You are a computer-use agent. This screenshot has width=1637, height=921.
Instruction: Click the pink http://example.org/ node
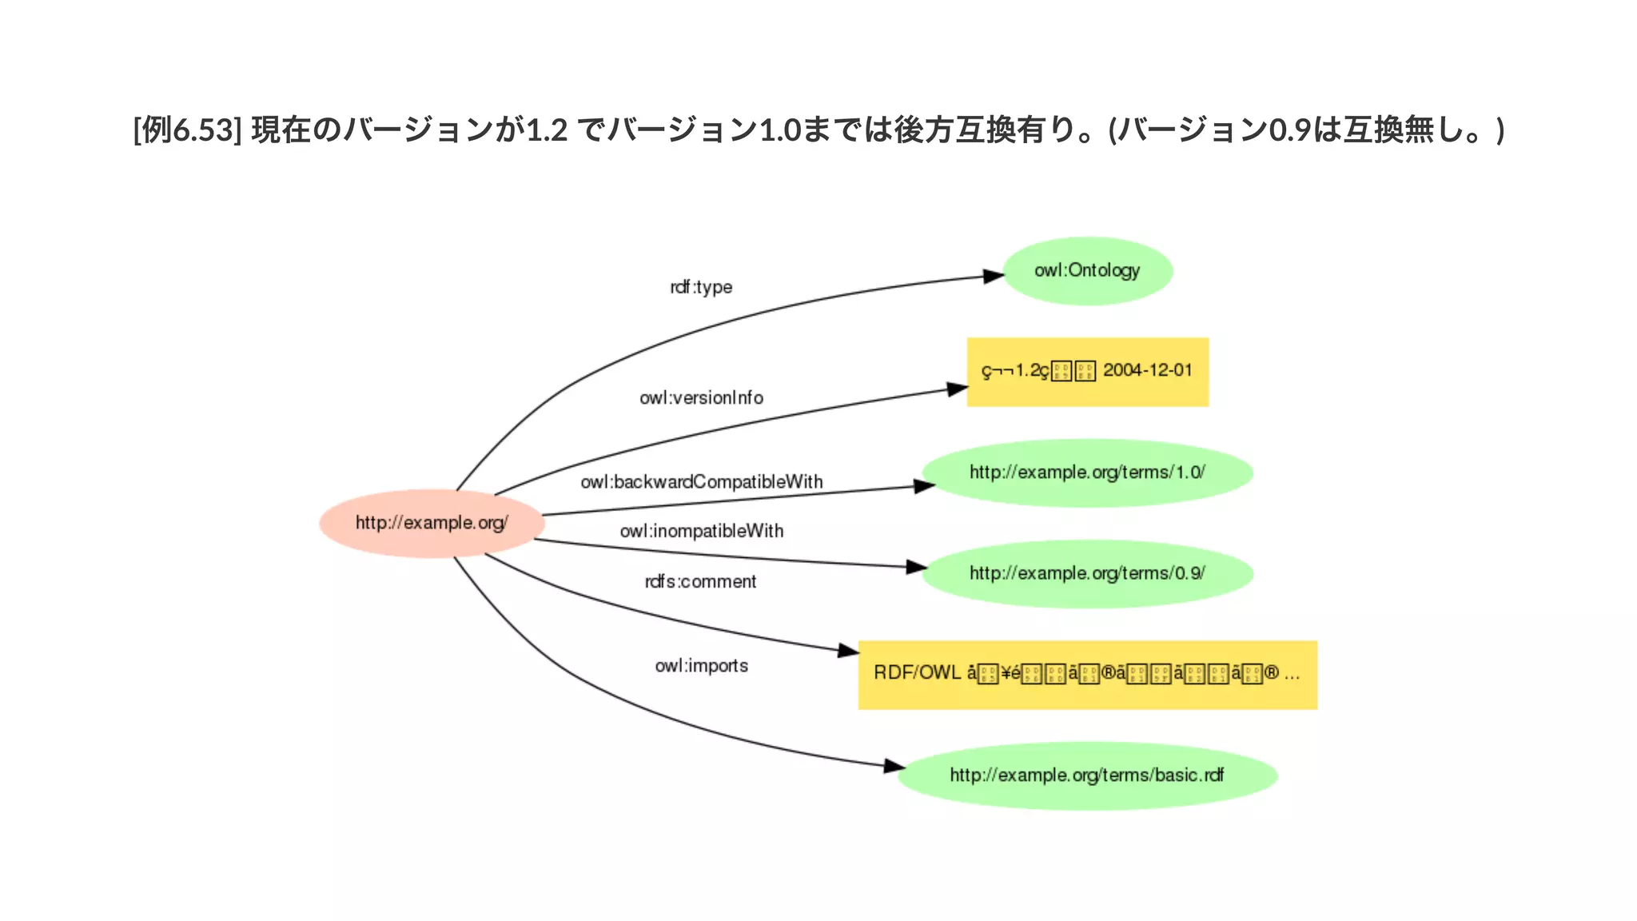click(x=432, y=523)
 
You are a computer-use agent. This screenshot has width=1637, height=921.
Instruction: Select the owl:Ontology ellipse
click(x=1087, y=271)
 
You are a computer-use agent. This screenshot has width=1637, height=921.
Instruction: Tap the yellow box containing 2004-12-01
click(x=1087, y=372)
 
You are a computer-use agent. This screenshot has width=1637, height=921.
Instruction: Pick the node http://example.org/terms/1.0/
click(x=1087, y=472)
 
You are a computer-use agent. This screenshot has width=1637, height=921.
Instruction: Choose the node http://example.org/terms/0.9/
click(x=1087, y=573)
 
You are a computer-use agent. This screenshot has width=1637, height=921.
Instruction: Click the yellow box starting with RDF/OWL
click(x=1087, y=674)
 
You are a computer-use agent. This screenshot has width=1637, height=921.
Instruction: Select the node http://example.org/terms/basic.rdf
click(x=1087, y=775)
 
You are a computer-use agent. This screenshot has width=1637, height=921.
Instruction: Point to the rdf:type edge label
click(x=701, y=287)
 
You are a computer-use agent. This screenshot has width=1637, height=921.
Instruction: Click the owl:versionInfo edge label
click(x=701, y=397)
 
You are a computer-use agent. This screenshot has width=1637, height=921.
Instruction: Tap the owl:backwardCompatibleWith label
click(x=701, y=481)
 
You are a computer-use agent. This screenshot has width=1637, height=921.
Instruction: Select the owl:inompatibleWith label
click(x=701, y=531)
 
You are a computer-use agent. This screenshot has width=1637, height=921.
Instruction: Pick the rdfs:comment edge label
click(x=700, y=581)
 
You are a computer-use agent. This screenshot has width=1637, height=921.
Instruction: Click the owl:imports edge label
click(x=701, y=665)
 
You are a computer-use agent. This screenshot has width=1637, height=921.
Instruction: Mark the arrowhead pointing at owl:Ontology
click(x=994, y=276)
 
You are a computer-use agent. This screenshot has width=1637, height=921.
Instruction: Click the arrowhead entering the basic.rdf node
click(x=894, y=766)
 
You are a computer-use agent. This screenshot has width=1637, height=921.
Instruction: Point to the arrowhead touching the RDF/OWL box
click(x=848, y=651)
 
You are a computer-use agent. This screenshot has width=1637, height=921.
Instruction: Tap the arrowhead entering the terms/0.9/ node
click(x=916, y=567)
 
